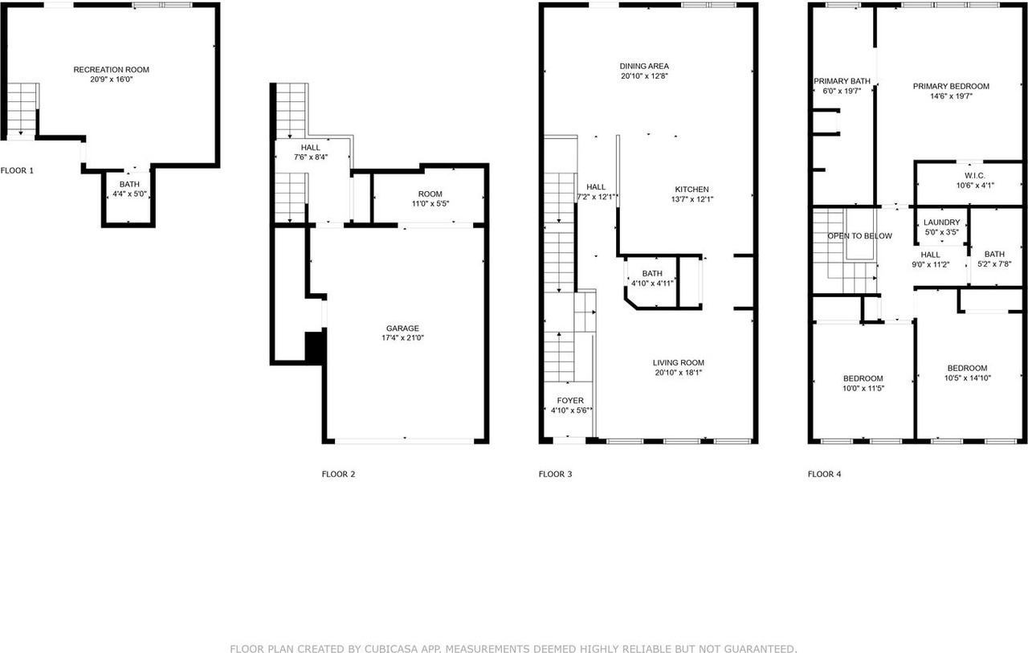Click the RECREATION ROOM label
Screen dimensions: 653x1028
[111, 70]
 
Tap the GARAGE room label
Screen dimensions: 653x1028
[402, 328]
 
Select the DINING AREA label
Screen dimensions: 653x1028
[644, 66]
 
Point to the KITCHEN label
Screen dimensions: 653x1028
[691, 189]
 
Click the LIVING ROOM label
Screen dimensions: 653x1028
[678, 362]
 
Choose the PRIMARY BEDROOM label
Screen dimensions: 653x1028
[951, 86]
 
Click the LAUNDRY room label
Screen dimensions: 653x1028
[941, 222]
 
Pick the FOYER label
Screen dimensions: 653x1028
[570, 400]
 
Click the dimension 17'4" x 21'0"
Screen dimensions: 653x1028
[402, 338]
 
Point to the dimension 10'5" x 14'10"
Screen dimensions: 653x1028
[967, 378]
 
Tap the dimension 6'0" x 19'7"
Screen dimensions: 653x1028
[842, 91]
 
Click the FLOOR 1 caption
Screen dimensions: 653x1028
[17, 170]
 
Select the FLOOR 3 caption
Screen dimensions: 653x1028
[555, 474]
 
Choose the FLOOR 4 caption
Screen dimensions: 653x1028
[824, 474]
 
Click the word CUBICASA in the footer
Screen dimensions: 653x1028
[382, 648]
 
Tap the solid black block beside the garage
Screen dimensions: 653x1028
[314, 347]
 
